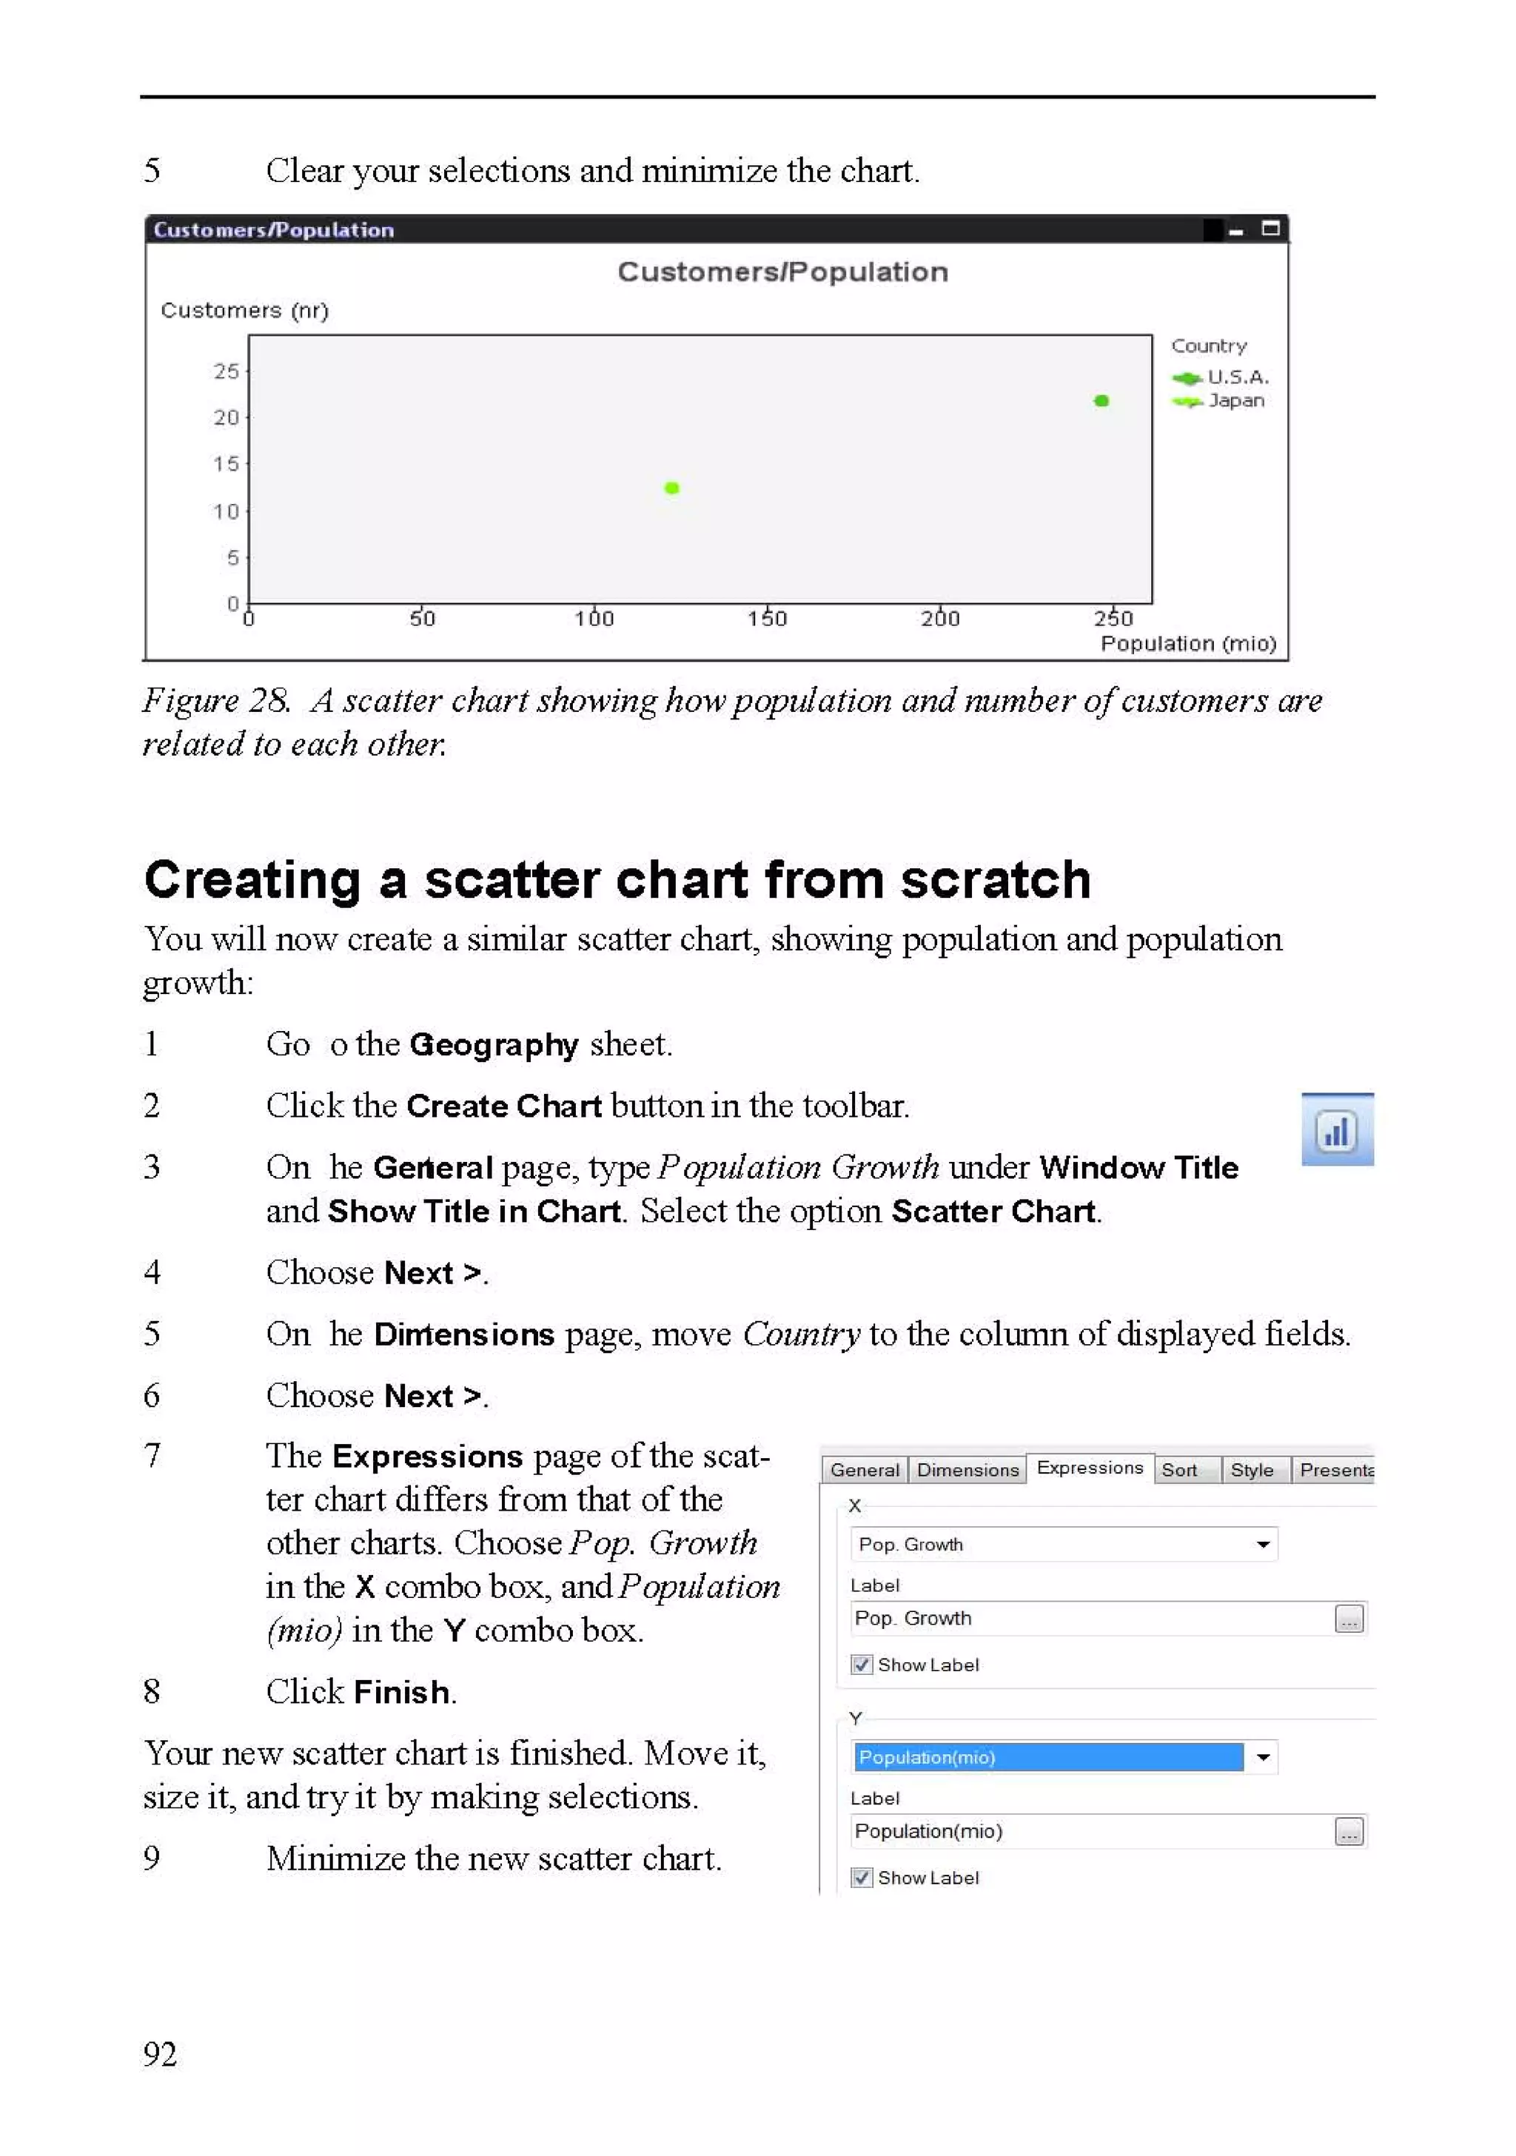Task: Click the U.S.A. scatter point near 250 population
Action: [1101, 401]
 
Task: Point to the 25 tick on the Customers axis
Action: [227, 371]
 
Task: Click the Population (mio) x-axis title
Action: [1187, 643]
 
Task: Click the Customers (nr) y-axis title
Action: [244, 311]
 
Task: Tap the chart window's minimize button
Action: [1236, 230]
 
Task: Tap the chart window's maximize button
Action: [1270, 228]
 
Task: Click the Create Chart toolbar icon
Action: [1337, 1129]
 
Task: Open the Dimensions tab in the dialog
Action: [967, 1470]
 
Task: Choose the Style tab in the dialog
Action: [1251, 1470]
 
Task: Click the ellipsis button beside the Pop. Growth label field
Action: [1349, 1619]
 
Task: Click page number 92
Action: [160, 2055]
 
